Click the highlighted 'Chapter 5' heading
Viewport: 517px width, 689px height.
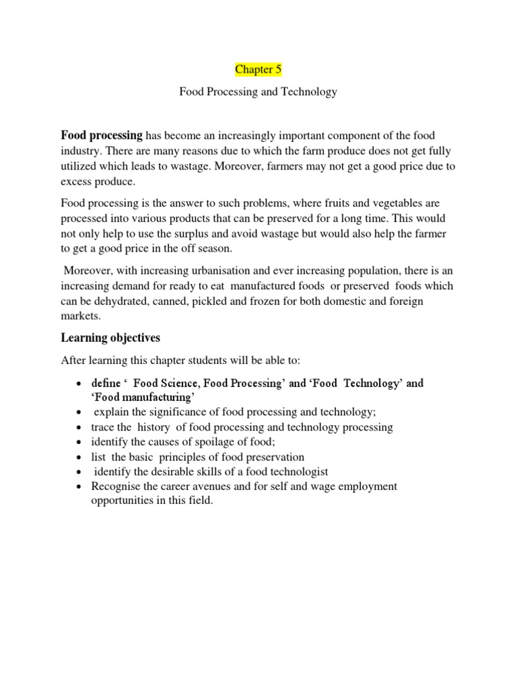(x=258, y=69)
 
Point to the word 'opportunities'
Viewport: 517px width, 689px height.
(x=123, y=501)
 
